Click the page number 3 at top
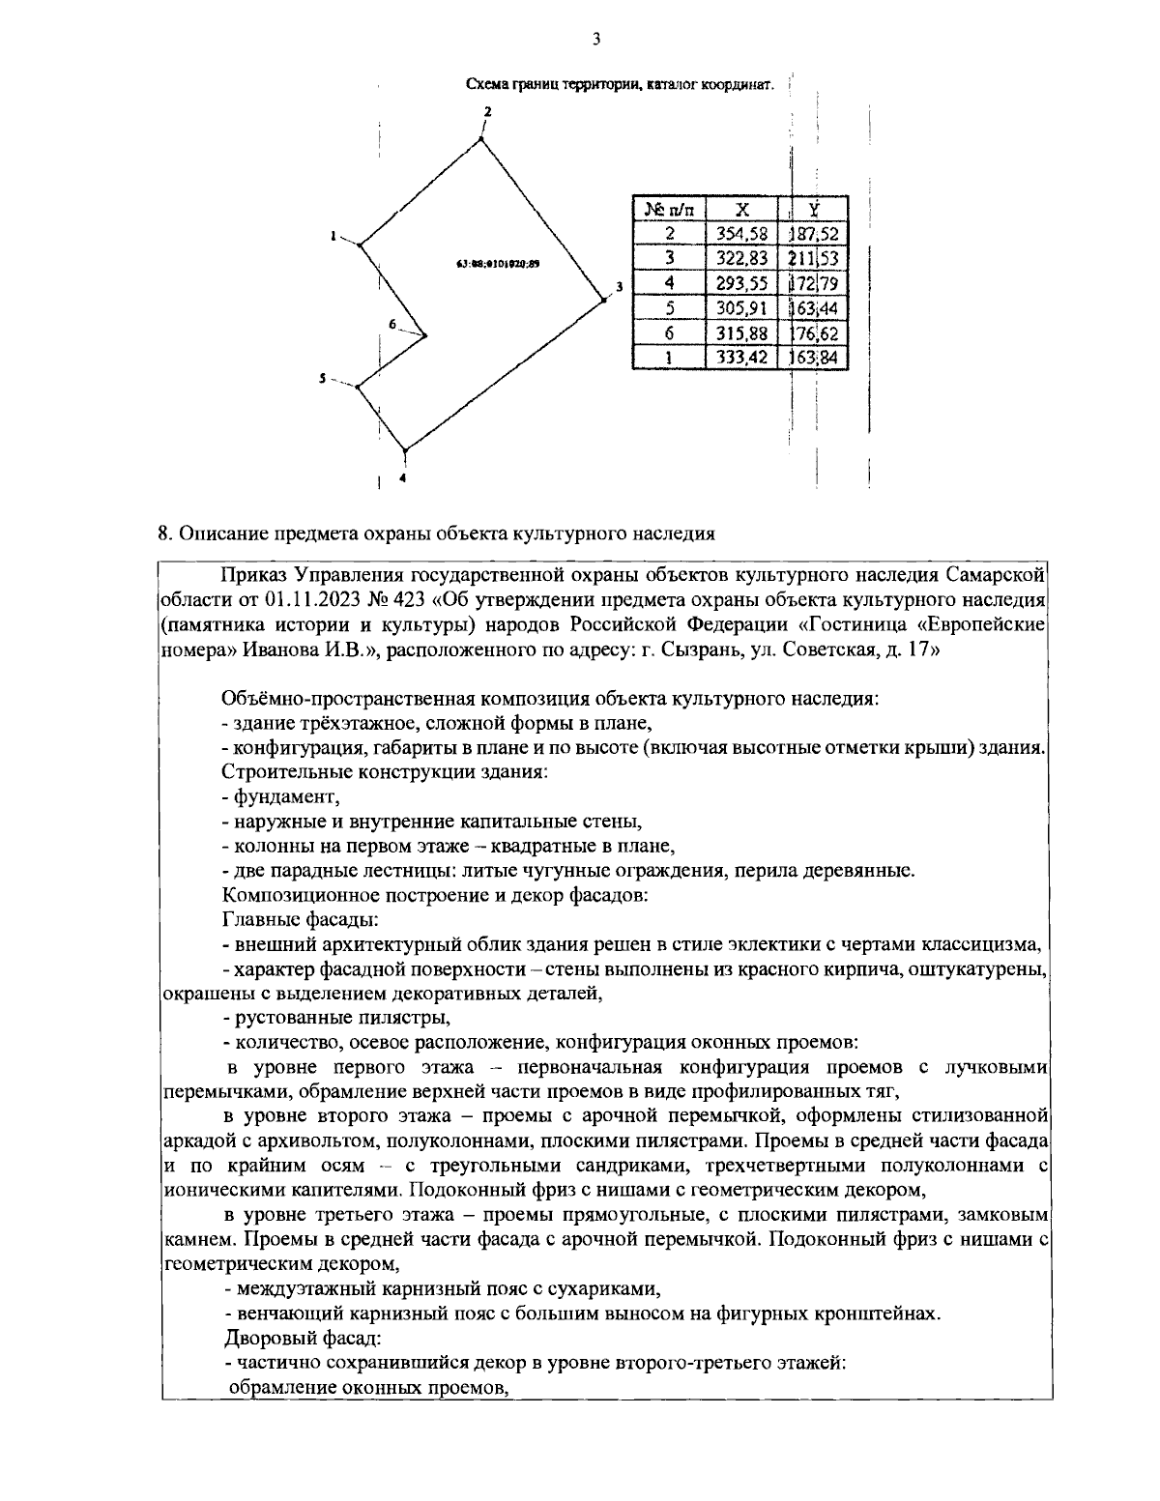[595, 40]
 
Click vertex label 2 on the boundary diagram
[487, 111]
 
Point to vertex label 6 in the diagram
[392, 324]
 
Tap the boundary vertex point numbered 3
[603, 301]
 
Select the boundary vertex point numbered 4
[405, 450]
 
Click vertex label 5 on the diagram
[323, 378]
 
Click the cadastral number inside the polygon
[497, 263]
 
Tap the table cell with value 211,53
[814, 258]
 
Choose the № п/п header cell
[669, 209]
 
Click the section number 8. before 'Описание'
[164, 533]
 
